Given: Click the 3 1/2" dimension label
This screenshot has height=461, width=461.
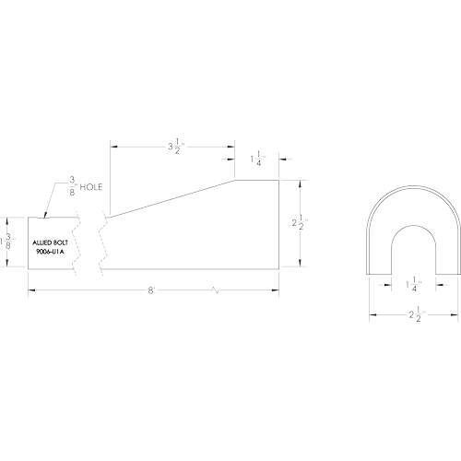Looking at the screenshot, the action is [175, 147].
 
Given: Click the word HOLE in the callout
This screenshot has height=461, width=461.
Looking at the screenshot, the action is [91, 187].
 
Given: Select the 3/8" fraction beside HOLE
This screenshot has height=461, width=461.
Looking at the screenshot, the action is [73, 186].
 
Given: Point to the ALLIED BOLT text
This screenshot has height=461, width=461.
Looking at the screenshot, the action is [50, 242].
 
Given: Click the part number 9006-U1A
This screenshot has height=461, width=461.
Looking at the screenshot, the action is [50, 252].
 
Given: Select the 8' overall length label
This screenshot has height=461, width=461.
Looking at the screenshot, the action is [150, 290].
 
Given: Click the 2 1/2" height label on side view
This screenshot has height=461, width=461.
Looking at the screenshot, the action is [300, 223].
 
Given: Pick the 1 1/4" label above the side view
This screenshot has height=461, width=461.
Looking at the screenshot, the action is [258, 159].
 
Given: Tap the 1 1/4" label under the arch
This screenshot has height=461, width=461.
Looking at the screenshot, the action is [414, 285].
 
